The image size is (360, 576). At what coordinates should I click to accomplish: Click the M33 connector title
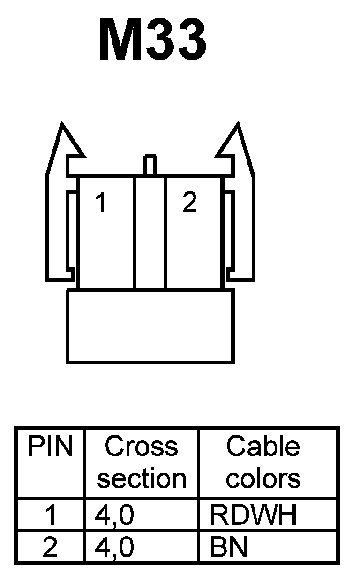click(x=153, y=41)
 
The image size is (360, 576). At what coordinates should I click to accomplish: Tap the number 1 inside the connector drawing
click(x=100, y=203)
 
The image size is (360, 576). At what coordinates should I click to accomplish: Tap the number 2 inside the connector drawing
click(x=189, y=203)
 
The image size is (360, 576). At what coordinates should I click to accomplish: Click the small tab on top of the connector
click(x=150, y=165)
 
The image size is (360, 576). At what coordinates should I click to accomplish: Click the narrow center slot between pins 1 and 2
click(x=150, y=232)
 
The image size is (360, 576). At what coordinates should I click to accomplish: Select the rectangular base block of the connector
click(x=150, y=326)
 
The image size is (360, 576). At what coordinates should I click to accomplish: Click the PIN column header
click(x=51, y=447)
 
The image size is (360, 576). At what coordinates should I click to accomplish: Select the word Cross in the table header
click(x=141, y=447)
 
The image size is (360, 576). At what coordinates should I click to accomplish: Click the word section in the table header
click(x=141, y=478)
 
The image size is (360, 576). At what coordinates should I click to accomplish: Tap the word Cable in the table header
click(x=262, y=447)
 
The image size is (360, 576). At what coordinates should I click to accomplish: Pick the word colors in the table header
click(x=262, y=478)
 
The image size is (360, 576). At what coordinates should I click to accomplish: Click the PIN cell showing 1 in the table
click(x=50, y=515)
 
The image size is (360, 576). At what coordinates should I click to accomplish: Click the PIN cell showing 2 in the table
click(x=50, y=547)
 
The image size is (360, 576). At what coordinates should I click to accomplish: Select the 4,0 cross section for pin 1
click(x=114, y=515)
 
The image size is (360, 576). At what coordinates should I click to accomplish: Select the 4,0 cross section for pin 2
click(x=114, y=547)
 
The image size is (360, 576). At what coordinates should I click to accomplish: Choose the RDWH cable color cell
click(x=253, y=515)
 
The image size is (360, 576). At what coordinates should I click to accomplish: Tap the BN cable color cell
click(x=228, y=547)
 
